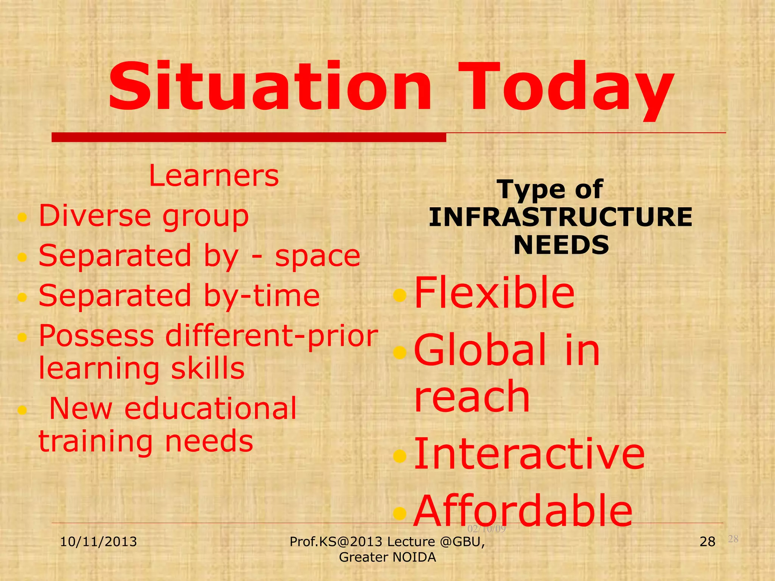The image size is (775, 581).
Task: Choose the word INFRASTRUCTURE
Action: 560,217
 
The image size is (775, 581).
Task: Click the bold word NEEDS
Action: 561,245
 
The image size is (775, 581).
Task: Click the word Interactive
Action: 529,454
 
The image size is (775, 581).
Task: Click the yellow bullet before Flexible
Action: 400,295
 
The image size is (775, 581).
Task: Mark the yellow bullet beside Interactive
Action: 400,456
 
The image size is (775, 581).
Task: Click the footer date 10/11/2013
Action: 98,542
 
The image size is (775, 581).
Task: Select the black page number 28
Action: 707,542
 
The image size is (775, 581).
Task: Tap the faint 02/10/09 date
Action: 487,529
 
